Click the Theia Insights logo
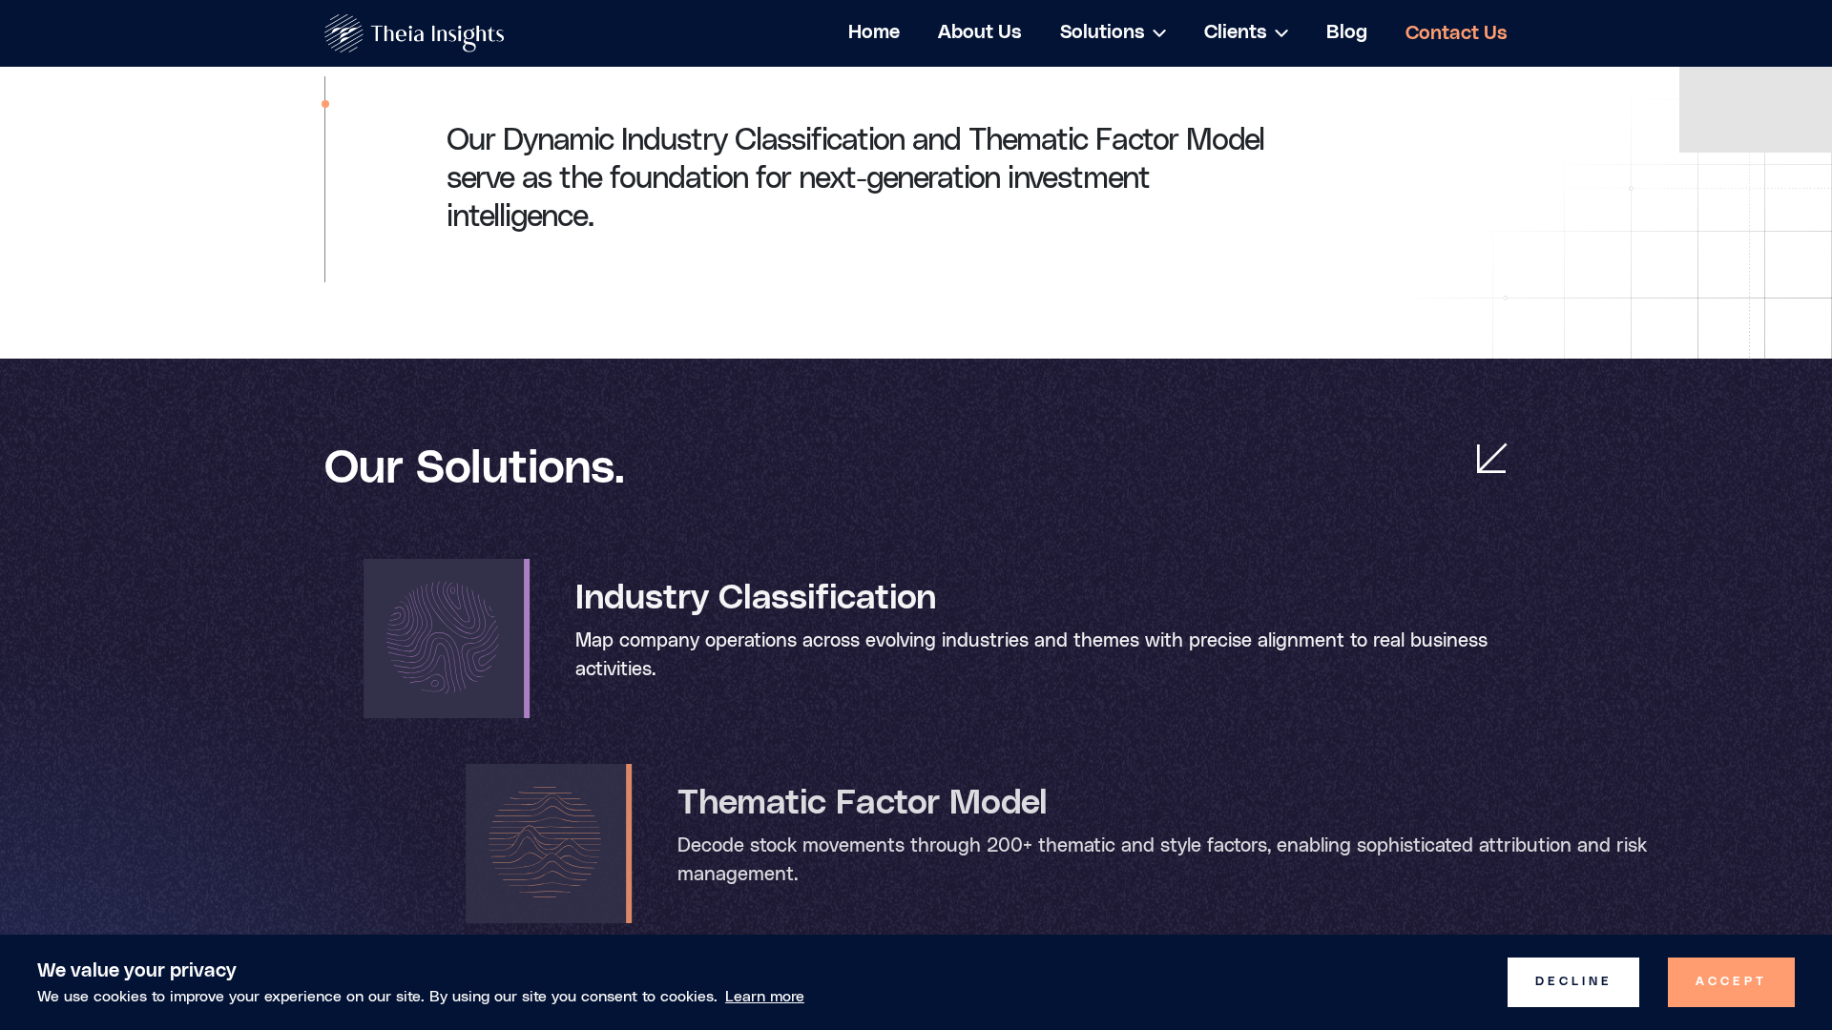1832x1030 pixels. coord(414,33)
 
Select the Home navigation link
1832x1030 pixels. coord(874,32)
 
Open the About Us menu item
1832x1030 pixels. coord(979,32)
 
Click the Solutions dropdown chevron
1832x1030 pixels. coord(1159,33)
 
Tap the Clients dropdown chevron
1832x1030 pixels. coord(1281,33)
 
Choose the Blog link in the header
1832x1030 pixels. coord(1346,32)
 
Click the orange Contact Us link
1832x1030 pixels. coord(1456,33)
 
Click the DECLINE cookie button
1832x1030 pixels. coord(1573,982)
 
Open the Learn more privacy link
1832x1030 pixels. coord(764,997)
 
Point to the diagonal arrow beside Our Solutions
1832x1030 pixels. coord(1491,458)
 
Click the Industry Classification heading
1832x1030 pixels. coord(756,598)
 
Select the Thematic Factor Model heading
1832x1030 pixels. coord(862,803)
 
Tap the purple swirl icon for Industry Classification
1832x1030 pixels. coord(443,637)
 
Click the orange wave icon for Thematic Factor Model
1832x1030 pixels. coord(545,842)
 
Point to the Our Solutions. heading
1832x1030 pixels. coord(474,467)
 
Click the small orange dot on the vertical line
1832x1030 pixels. coord(325,104)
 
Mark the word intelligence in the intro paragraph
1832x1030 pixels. coord(520,216)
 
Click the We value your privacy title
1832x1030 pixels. coord(136,970)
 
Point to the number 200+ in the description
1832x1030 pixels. coord(1010,846)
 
